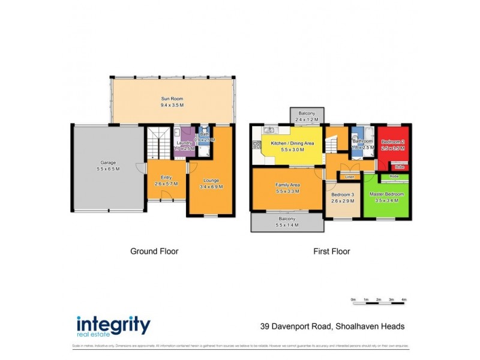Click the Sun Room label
[x=172, y=98]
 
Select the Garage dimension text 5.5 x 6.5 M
[x=108, y=169]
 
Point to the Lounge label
[x=211, y=180]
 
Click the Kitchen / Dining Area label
[x=292, y=143]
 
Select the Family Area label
[x=287, y=185]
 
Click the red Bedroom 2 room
[x=394, y=147]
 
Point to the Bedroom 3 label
[x=343, y=196]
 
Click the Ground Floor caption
[x=154, y=251]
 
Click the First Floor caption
[x=331, y=251]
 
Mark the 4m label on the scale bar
[x=404, y=298]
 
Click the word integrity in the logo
[x=113, y=325]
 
